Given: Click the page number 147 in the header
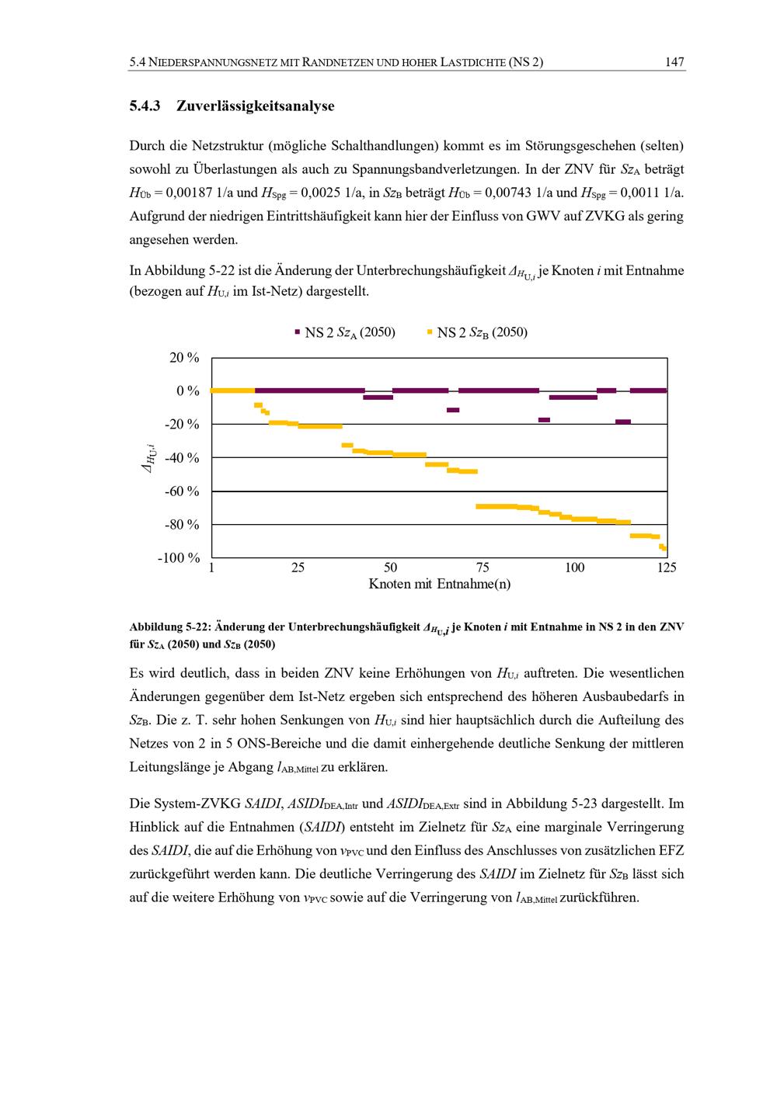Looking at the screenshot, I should pos(674,62).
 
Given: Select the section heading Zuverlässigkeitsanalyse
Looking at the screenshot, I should pos(255,106).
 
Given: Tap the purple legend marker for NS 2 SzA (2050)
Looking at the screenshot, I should pos(297,332).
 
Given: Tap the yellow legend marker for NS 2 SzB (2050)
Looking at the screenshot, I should pos(430,332).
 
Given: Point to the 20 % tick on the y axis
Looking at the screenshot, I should pos(184,358).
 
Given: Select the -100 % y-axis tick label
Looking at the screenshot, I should pos(179,558).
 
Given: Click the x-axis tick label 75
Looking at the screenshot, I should pos(483,568).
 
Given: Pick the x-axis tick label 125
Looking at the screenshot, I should pos(666,568).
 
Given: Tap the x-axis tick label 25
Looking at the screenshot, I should pos(298,568).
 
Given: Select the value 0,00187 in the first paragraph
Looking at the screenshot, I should pos(190,193).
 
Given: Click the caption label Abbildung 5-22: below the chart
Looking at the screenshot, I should pos(170,627).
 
